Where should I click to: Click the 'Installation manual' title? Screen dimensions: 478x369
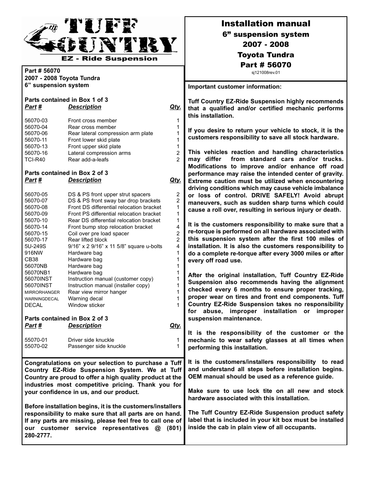tap(265, 24)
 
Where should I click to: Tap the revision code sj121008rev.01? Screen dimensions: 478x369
tap(265, 72)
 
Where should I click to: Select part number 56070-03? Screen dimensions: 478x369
tap(36, 120)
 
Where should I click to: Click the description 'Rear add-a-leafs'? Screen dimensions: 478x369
tap(88, 159)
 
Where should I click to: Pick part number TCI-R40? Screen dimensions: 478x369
tap(35, 159)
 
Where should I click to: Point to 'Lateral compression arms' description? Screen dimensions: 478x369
tap(99, 153)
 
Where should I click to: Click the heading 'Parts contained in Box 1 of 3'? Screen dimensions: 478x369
tap(66, 99)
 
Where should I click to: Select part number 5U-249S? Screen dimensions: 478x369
tap(35, 246)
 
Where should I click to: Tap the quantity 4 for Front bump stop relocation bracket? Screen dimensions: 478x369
tap(178, 227)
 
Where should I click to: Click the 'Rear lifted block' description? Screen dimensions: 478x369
tap(87, 240)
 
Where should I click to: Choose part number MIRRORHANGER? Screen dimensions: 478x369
tap(42, 292)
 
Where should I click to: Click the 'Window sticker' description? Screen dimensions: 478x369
tap(86, 305)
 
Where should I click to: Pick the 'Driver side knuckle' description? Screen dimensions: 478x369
tap(91, 340)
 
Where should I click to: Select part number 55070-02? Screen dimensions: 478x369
tap(36, 346)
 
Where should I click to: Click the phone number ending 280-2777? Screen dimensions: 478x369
tap(38, 435)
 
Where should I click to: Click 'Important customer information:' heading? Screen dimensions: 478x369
tap(235, 87)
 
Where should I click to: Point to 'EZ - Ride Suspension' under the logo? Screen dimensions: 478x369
tap(110, 59)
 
